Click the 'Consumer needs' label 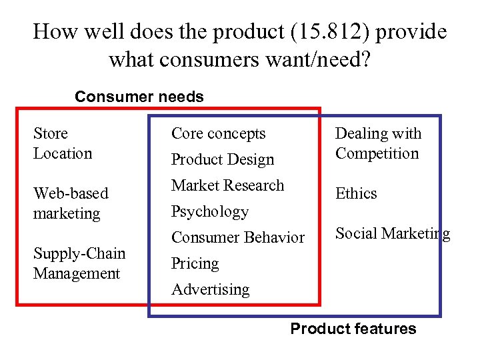139,97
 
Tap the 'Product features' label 353,329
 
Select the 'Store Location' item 63,143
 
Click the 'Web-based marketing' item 70,203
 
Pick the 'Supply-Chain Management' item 79,263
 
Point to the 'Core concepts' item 218,133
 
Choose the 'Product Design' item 223,159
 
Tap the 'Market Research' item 227,185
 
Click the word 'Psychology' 209,211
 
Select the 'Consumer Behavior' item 237,237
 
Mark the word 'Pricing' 195,263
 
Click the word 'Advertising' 210,289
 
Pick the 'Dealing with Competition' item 378,143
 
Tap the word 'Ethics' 356,193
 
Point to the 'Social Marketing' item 392,233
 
